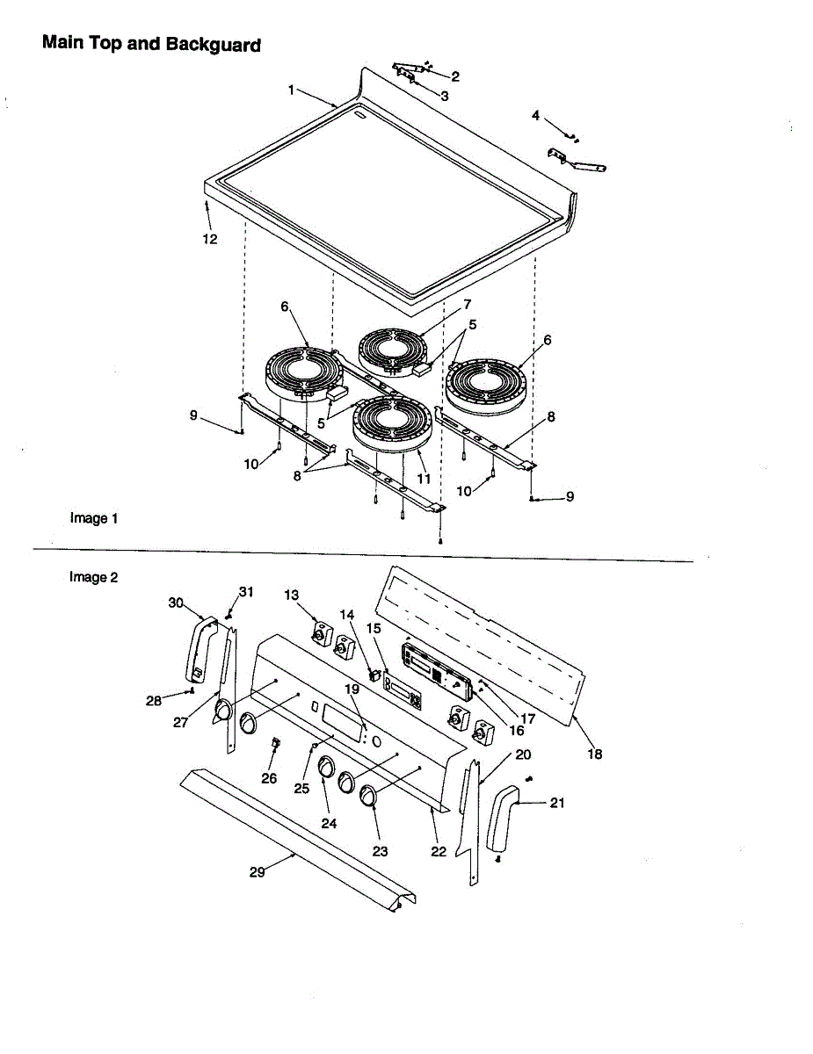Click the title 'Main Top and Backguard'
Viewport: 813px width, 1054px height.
pyautogui.click(x=151, y=43)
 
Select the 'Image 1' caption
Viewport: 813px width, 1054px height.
pyautogui.click(x=94, y=518)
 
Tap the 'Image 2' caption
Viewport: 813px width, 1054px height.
pyautogui.click(x=94, y=577)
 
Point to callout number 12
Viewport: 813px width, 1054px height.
pyautogui.click(x=211, y=239)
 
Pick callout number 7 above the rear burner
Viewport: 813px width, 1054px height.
pyautogui.click(x=468, y=305)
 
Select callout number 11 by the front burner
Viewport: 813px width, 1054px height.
pyautogui.click(x=424, y=480)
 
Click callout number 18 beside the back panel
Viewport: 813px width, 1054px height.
pyautogui.click(x=595, y=754)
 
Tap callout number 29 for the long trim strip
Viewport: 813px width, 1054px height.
pyautogui.click(x=258, y=872)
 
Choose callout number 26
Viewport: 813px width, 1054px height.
pyautogui.click(x=269, y=778)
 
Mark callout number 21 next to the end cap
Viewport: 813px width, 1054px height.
pyautogui.click(x=557, y=803)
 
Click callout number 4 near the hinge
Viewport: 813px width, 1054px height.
pyautogui.click(x=535, y=115)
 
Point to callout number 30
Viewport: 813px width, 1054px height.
pyautogui.click(x=176, y=603)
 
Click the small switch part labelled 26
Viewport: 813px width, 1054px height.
pyautogui.click(x=274, y=746)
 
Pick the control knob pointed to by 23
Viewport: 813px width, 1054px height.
pyautogui.click(x=367, y=796)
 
